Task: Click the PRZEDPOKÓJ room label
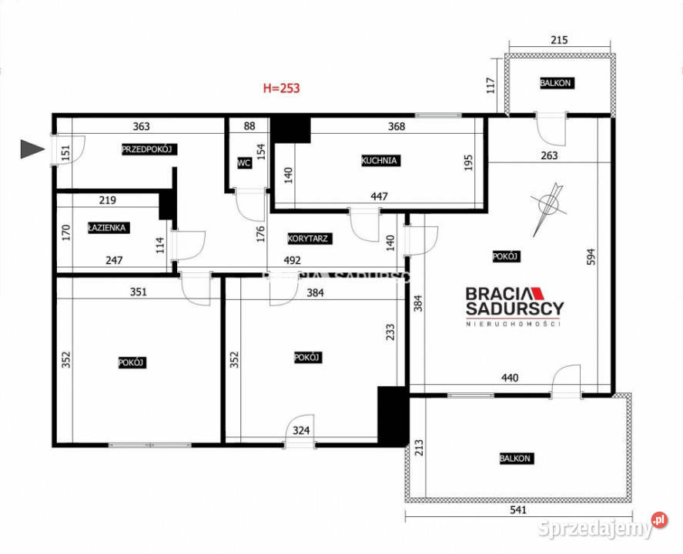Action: coord(149,149)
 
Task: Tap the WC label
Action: coord(244,163)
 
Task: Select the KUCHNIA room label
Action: coord(380,161)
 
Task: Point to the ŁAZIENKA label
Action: coord(107,228)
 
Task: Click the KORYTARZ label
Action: coord(310,239)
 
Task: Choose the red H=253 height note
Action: coord(281,88)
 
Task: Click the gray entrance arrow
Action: coord(32,149)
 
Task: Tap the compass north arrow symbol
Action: coord(550,206)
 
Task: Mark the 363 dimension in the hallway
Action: coord(141,127)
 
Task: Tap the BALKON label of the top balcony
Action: coord(556,83)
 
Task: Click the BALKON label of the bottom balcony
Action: coord(515,459)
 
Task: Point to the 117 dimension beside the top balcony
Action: coord(490,83)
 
